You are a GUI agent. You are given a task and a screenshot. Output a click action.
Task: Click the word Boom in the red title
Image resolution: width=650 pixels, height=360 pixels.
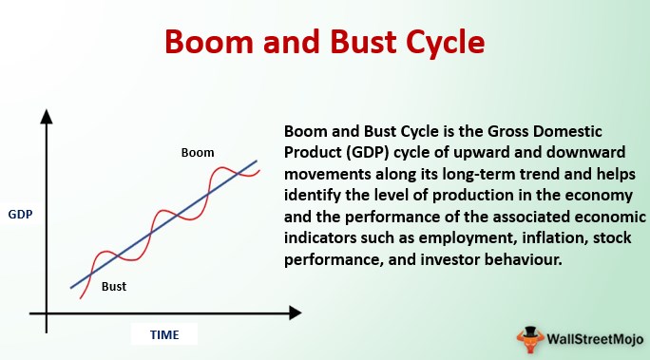coord(209,42)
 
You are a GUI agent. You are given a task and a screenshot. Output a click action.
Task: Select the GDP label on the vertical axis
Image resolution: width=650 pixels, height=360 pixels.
coord(20,214)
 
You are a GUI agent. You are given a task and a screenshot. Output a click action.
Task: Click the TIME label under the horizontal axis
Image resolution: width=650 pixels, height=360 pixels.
coord(164,334)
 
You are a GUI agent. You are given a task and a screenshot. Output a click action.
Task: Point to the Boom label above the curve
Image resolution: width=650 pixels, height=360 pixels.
coord(198,152)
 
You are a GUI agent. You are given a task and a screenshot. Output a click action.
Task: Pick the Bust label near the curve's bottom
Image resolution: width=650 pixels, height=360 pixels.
coord(114,286)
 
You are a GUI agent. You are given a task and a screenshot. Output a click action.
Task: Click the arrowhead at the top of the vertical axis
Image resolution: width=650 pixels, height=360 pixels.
coord(47,117)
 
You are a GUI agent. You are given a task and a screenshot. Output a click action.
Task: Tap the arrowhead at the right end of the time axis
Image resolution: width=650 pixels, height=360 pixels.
coord(296,313)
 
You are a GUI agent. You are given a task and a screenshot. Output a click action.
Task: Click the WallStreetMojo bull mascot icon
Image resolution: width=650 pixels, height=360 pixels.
coord(529,340)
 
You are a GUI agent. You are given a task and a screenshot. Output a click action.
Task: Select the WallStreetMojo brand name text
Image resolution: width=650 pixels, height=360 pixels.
coord(595,339)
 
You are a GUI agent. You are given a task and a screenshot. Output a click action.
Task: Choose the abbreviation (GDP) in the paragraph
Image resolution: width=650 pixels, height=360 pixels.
coord(367,152)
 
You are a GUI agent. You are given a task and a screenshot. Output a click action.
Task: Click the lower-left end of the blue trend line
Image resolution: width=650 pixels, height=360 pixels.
coord(71,288)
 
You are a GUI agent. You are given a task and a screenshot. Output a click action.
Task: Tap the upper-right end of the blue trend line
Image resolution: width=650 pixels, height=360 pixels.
coord(257,161)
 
